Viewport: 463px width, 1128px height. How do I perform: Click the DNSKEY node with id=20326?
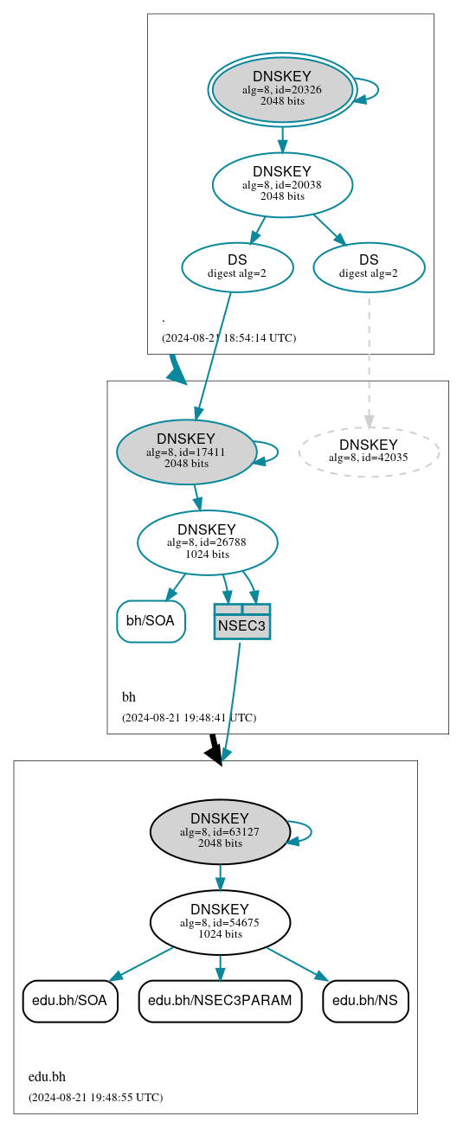tap(282, 90)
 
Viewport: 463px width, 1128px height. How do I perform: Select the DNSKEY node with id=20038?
tap(282, 184)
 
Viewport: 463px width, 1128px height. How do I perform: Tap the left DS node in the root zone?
tap(237, 267)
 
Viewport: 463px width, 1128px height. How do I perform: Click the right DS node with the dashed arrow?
tap(369, 267)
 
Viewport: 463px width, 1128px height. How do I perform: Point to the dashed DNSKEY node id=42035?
tap(369, 452)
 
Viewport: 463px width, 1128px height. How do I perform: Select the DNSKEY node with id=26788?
tap(207, 542)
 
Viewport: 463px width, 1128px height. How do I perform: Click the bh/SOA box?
tap(151, 621)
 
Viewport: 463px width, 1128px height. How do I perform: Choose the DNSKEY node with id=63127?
tap(220, 831)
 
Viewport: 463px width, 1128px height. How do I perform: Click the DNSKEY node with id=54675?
tap(220, 922)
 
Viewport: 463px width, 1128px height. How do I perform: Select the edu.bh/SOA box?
tap(69, 1001)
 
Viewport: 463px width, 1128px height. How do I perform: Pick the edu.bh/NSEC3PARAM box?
tap(220, 1001)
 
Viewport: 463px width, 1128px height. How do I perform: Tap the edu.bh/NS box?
tap(365, 1001)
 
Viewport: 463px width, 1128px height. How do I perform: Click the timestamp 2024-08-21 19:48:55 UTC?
tap(95, 1097)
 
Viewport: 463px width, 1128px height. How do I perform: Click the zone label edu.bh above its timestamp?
tap(47, 1077)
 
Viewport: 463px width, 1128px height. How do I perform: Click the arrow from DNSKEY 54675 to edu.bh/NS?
tap(297, 964)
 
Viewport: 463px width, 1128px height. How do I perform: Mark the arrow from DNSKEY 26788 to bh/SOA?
tap(176, 586)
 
